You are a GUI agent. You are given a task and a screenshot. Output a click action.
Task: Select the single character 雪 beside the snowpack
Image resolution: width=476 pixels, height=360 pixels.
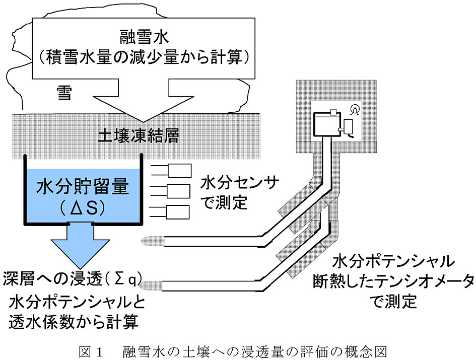coord(64,93)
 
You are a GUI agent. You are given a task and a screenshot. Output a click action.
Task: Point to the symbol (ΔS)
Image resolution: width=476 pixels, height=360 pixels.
coord(83,209)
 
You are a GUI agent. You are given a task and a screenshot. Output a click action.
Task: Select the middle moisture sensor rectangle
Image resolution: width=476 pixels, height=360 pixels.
coord(180,191)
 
